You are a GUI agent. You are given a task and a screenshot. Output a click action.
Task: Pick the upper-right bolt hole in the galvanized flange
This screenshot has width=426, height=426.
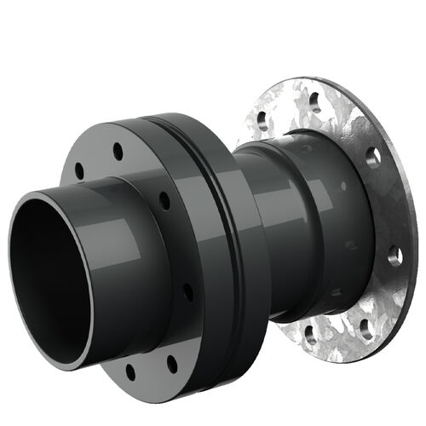(x=371, y=157)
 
